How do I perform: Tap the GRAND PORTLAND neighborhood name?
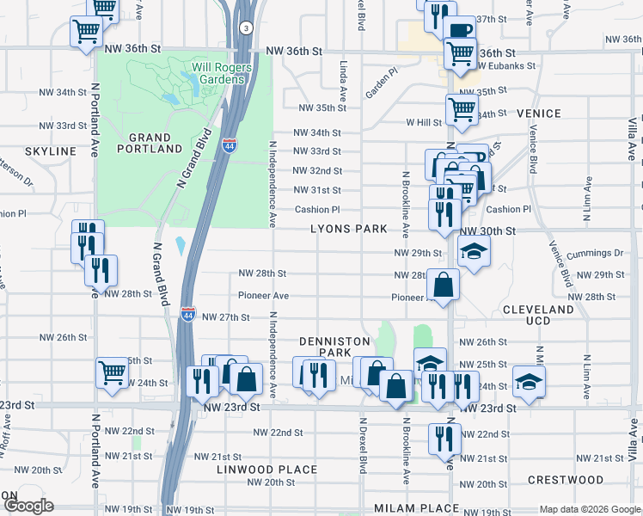click(x=156, y=143)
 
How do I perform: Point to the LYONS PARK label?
click(x=349, y=230)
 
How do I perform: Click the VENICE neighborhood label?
click(x=539, y=114)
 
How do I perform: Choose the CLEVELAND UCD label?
click(x=537, y=314)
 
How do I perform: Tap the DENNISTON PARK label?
click(x=326, y=347)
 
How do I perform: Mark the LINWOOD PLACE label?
click(x=267, y=470)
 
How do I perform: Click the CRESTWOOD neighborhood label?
click(x=565, y=479)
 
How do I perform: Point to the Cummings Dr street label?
click(x=595, y=253)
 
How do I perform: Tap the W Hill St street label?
click(x=424, y=122)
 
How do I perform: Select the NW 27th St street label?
click(x=222, y=317)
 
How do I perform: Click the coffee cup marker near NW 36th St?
click(x=460, y=30)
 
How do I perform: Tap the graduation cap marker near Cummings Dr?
click(x=472, y=251)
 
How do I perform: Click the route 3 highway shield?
click(x=247, y=28)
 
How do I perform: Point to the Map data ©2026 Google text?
click(x=589, y=509)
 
